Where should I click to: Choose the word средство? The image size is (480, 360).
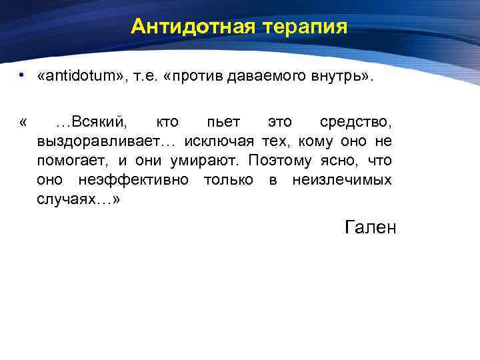click(x=355, y=123)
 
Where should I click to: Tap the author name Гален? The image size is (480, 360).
click(x=371, y=228)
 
